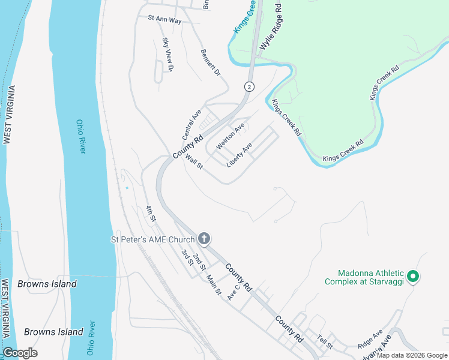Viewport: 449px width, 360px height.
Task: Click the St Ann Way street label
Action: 164,19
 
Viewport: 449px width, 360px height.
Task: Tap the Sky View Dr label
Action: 167,55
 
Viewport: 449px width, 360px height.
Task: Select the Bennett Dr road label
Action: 211,62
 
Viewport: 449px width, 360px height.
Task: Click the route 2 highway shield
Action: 248,86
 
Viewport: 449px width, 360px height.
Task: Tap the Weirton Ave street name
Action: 231,136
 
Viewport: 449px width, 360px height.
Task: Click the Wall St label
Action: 194,162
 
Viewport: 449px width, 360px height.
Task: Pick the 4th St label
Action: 151,214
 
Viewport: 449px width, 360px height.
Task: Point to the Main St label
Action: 214,286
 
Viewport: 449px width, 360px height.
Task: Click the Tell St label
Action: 325,342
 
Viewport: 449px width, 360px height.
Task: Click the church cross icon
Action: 204,239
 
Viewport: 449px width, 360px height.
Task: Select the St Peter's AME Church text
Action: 153,239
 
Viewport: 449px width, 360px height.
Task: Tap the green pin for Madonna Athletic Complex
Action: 412,276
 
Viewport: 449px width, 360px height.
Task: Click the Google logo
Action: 20,353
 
